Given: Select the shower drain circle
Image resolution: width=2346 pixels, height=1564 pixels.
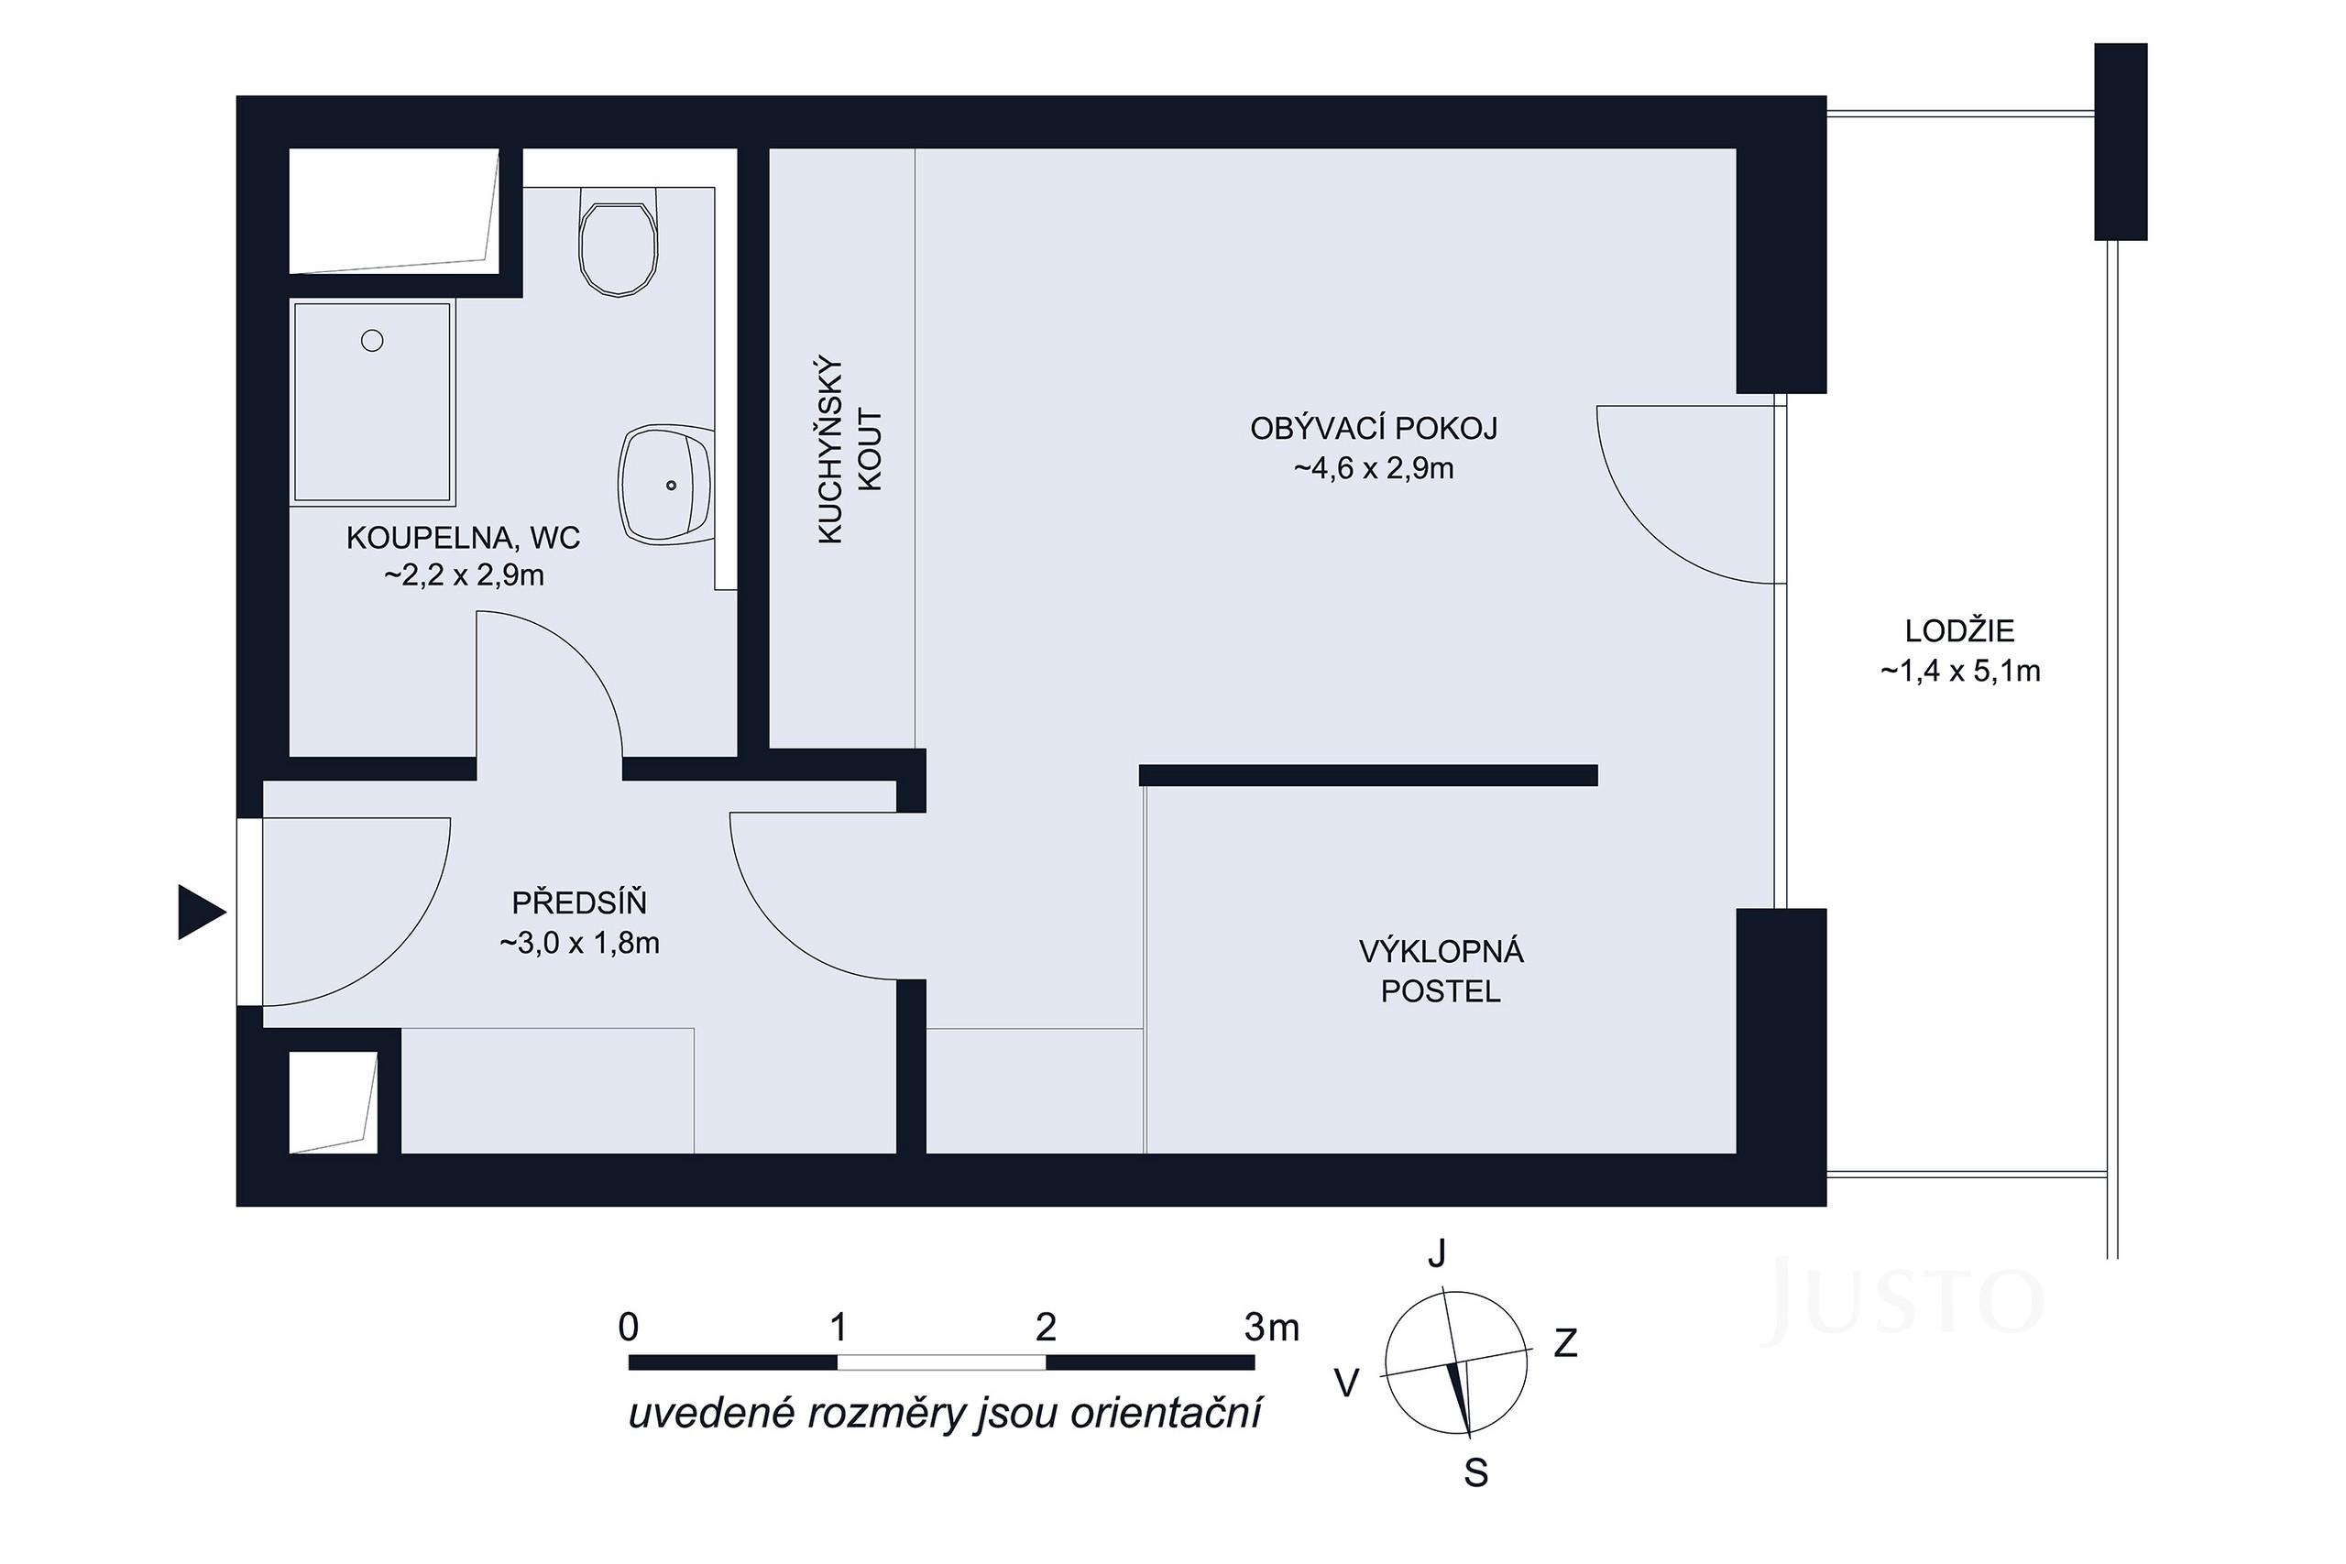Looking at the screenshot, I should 372,341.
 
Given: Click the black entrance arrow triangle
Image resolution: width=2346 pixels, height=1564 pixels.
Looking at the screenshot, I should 200,912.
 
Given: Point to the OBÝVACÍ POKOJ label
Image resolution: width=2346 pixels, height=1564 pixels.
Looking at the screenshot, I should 1374,429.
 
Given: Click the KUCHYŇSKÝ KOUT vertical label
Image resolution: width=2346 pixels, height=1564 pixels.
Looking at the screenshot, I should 849,451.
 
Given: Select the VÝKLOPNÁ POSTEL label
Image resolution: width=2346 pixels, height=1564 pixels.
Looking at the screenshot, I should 1441,971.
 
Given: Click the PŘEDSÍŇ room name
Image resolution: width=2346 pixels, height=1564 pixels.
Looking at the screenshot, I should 578,902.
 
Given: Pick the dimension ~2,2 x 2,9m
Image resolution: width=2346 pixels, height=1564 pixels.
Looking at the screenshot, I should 464,576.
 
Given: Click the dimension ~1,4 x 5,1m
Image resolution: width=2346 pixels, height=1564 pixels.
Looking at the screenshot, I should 1959,672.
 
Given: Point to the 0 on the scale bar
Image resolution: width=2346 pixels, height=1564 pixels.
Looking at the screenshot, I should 629,1328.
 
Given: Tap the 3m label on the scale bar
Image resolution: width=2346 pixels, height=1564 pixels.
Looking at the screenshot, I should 1272,1328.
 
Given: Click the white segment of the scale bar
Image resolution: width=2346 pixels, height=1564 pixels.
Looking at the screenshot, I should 940,1362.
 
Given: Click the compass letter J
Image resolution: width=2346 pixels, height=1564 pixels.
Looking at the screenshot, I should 1436,1253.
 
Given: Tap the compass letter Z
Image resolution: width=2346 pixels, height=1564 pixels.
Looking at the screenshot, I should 1565,1344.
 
